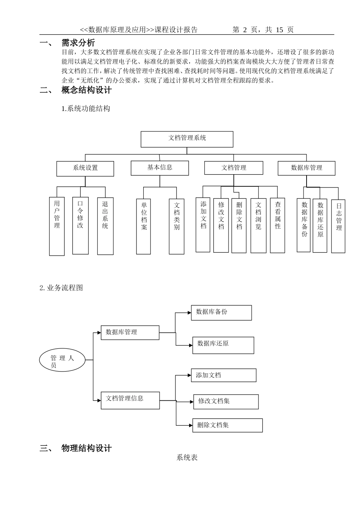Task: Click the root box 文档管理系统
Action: tap(187, 139)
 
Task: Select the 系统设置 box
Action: tap(85, 169)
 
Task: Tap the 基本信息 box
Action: tap(160, 168)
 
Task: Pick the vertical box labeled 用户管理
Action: tap(57, 226)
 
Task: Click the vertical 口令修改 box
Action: tap(80, 225)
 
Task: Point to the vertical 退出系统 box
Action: tap(105, 226)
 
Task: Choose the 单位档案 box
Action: tap(144, 226)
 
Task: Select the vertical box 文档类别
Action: tap(177, 226)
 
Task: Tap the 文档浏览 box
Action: tap(258, 225)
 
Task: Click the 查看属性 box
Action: tap(277, 225)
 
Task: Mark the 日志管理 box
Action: tap(338, 226)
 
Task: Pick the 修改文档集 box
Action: tap(226, 401)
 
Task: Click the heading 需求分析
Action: tap(78, 43)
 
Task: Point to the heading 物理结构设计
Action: tap(86, 448)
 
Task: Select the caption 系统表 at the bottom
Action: tap(187, 457)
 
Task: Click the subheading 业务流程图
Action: tap(64, 288)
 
